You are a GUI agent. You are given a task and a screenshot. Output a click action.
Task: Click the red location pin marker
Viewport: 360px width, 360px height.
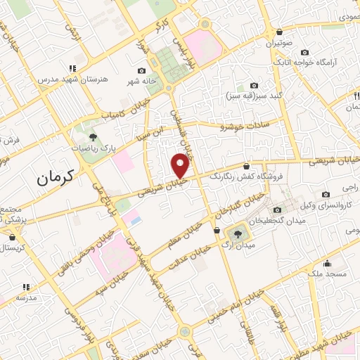click(181, 165)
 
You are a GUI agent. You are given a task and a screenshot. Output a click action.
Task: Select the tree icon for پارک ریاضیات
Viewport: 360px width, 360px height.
click(93, 137)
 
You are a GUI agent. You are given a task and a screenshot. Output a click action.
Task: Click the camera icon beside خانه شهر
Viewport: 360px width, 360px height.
click(142, 71)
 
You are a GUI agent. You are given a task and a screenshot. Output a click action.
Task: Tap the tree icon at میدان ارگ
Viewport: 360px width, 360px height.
click(236, 233)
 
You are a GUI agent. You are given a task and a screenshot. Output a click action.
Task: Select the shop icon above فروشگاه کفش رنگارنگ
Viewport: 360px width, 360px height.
click(245, 167)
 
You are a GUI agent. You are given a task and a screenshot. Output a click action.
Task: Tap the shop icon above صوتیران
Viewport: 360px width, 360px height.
click(279, 32)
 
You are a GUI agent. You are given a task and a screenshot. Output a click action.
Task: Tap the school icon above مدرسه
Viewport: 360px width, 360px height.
click(27, 287)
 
